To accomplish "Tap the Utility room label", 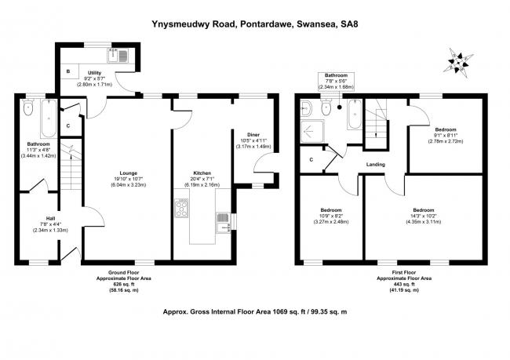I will (93, 72).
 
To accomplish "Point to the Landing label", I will (374, 164).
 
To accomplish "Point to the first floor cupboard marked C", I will (311, 160).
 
